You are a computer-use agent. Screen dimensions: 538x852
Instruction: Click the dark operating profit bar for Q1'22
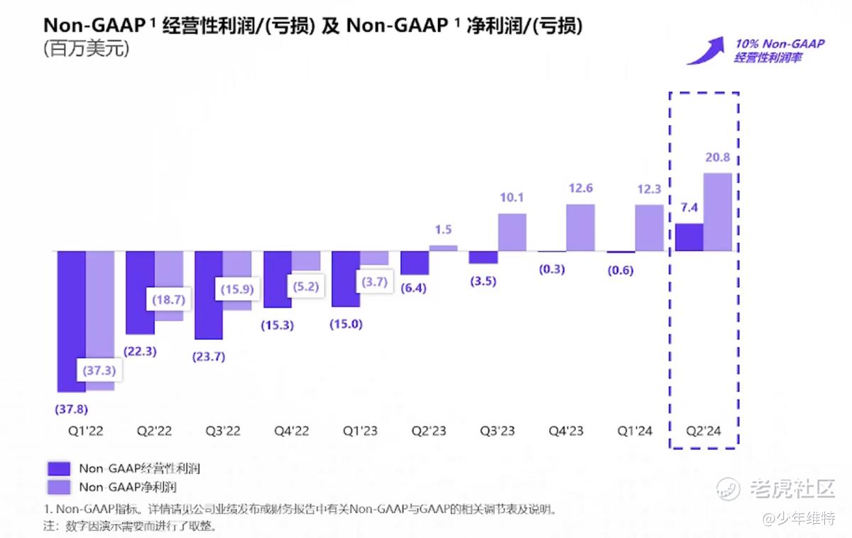(71, 321)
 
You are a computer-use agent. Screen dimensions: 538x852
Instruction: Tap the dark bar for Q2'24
(689, 237)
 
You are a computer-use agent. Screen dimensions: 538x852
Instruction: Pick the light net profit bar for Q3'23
(512, 232)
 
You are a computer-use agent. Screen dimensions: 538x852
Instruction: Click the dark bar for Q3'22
(209, 295)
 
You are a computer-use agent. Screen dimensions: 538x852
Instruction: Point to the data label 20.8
(718, 158)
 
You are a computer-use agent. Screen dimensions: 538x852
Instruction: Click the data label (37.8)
(71, 409)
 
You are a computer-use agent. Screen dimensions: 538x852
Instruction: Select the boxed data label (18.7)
(168, 300)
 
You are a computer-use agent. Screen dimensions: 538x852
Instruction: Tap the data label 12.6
(580, 188)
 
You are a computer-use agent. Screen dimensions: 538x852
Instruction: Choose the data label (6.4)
(414, 289)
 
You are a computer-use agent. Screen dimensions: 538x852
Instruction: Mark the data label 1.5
(443, 230)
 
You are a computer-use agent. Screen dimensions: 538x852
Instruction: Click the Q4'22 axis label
(291, 431)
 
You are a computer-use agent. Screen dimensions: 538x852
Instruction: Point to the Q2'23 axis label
(428, 431)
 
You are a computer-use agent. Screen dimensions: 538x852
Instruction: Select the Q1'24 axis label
(634, 431)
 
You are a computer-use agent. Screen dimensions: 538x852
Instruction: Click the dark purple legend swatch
(59, 468)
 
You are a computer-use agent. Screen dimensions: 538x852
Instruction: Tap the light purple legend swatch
(59, 487)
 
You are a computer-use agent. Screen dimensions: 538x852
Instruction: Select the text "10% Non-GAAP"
(780, 44)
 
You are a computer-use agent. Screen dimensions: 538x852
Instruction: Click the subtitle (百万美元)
(86, 50)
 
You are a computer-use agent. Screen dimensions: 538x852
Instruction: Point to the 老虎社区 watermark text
(792, 488)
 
